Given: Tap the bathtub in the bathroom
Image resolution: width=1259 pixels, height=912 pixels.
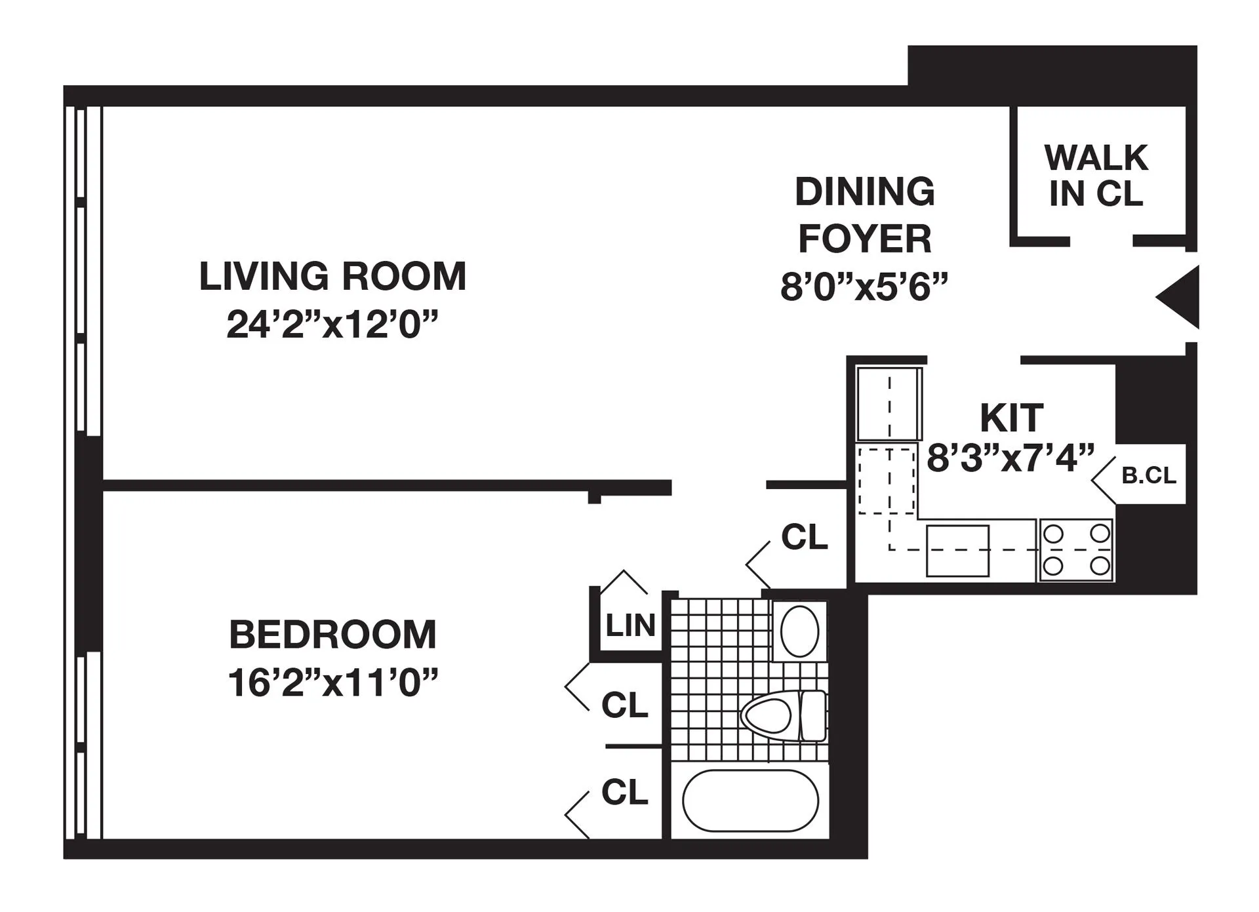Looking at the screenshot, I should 750,801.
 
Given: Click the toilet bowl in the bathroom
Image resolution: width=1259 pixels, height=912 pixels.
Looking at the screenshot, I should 767,715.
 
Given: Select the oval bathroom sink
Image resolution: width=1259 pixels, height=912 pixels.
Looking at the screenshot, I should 799,631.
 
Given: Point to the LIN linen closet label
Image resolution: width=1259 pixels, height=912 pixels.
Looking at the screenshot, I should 630,625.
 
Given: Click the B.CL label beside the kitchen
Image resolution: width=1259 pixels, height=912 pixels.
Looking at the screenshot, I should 1148,475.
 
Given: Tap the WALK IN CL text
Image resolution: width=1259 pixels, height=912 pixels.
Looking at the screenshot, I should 1096,176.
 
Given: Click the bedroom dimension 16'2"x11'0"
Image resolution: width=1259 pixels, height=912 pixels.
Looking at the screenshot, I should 332,683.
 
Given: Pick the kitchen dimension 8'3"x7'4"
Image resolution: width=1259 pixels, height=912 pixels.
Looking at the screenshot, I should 1010,458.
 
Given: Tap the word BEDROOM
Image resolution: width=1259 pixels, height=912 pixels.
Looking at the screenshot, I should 332,635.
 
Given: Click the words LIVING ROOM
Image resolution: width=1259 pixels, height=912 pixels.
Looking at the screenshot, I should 332,276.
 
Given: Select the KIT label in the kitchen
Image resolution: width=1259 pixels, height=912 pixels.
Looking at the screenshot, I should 1010,418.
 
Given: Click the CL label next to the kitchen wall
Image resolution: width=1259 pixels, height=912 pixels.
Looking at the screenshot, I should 804,538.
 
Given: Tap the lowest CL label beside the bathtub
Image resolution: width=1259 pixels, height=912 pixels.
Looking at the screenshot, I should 624,792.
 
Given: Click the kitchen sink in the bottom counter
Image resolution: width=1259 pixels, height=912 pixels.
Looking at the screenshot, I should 957,551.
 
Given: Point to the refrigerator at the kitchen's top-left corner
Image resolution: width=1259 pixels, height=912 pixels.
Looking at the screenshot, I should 889,403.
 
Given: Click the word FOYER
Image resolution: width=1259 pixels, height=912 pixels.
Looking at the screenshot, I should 864,239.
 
